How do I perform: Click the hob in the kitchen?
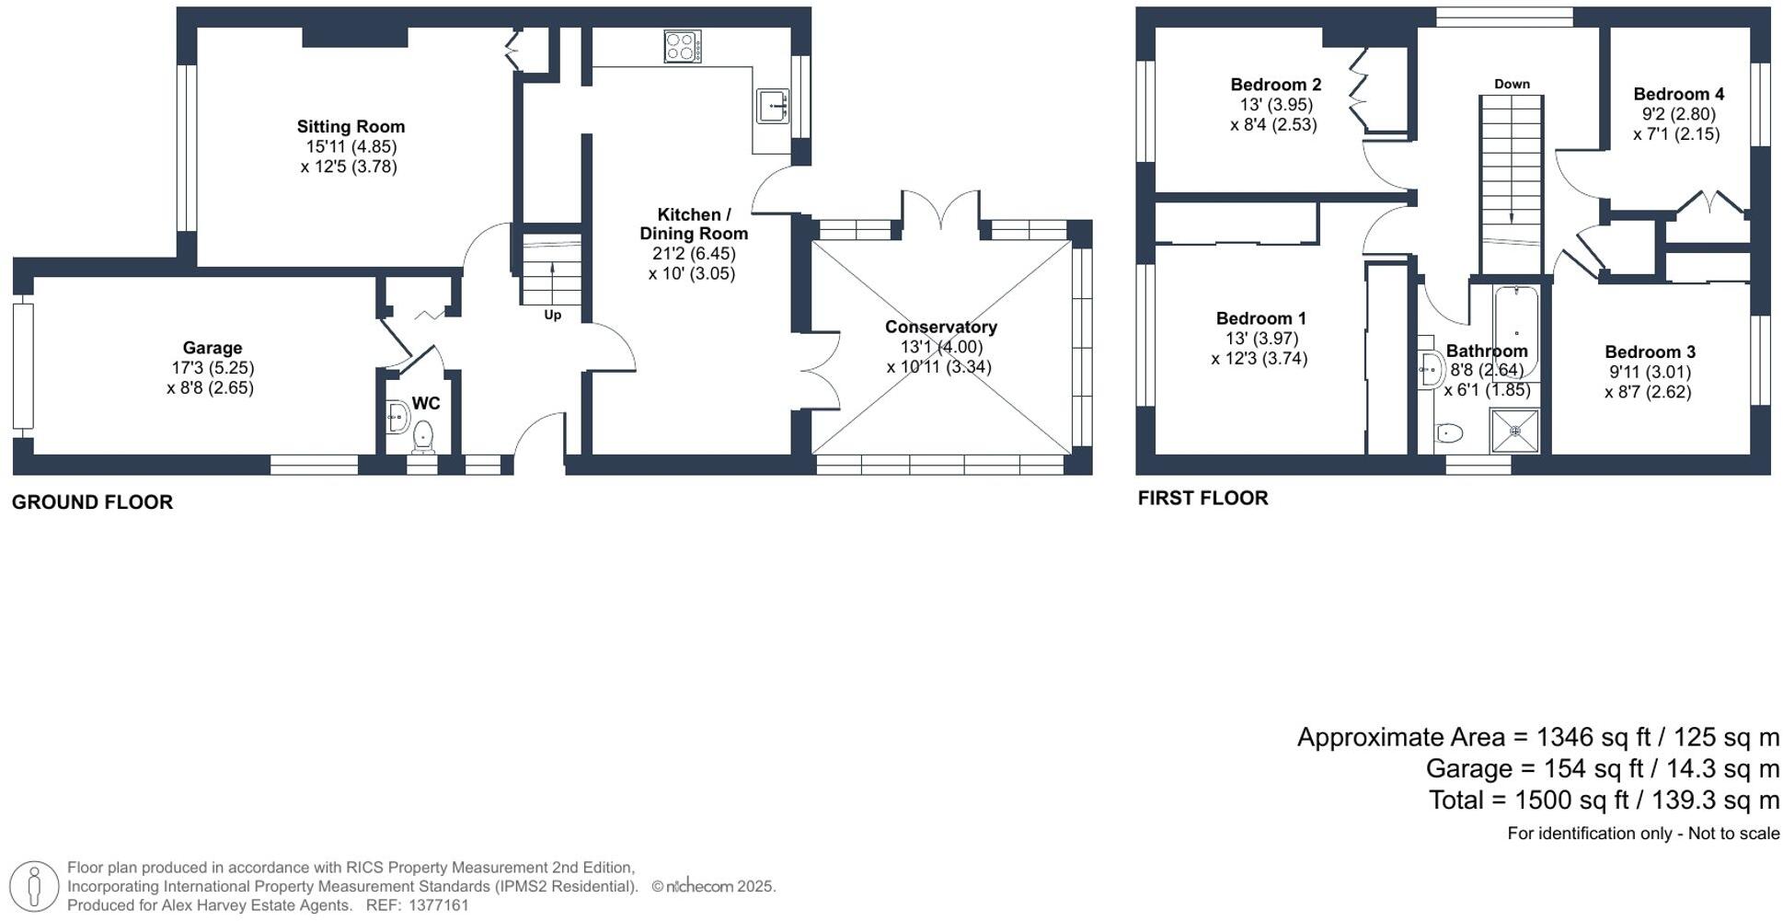coord(682,47)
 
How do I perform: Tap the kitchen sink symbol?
coord(773,106)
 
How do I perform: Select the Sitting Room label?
coord(351,127)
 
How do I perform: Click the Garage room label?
coord(213,348)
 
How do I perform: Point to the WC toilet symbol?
coord(423,437)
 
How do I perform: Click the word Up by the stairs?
coord(552,315)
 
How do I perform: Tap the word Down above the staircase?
coord(1512,84)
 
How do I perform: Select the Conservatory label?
coord(940,327)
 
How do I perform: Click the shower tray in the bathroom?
coord(1513,431)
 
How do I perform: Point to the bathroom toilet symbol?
coord(1449,432)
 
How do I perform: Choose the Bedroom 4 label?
coord(1678,94)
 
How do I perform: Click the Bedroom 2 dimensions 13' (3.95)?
coord(1275,105)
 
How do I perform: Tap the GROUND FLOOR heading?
coord(92,502)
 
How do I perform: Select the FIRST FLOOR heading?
coord(1202,498)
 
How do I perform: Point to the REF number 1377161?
coord(438,905)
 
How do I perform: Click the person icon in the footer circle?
coord(35,887)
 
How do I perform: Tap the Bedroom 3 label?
coord(1650,352)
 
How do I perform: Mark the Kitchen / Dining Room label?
coord(694,224)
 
